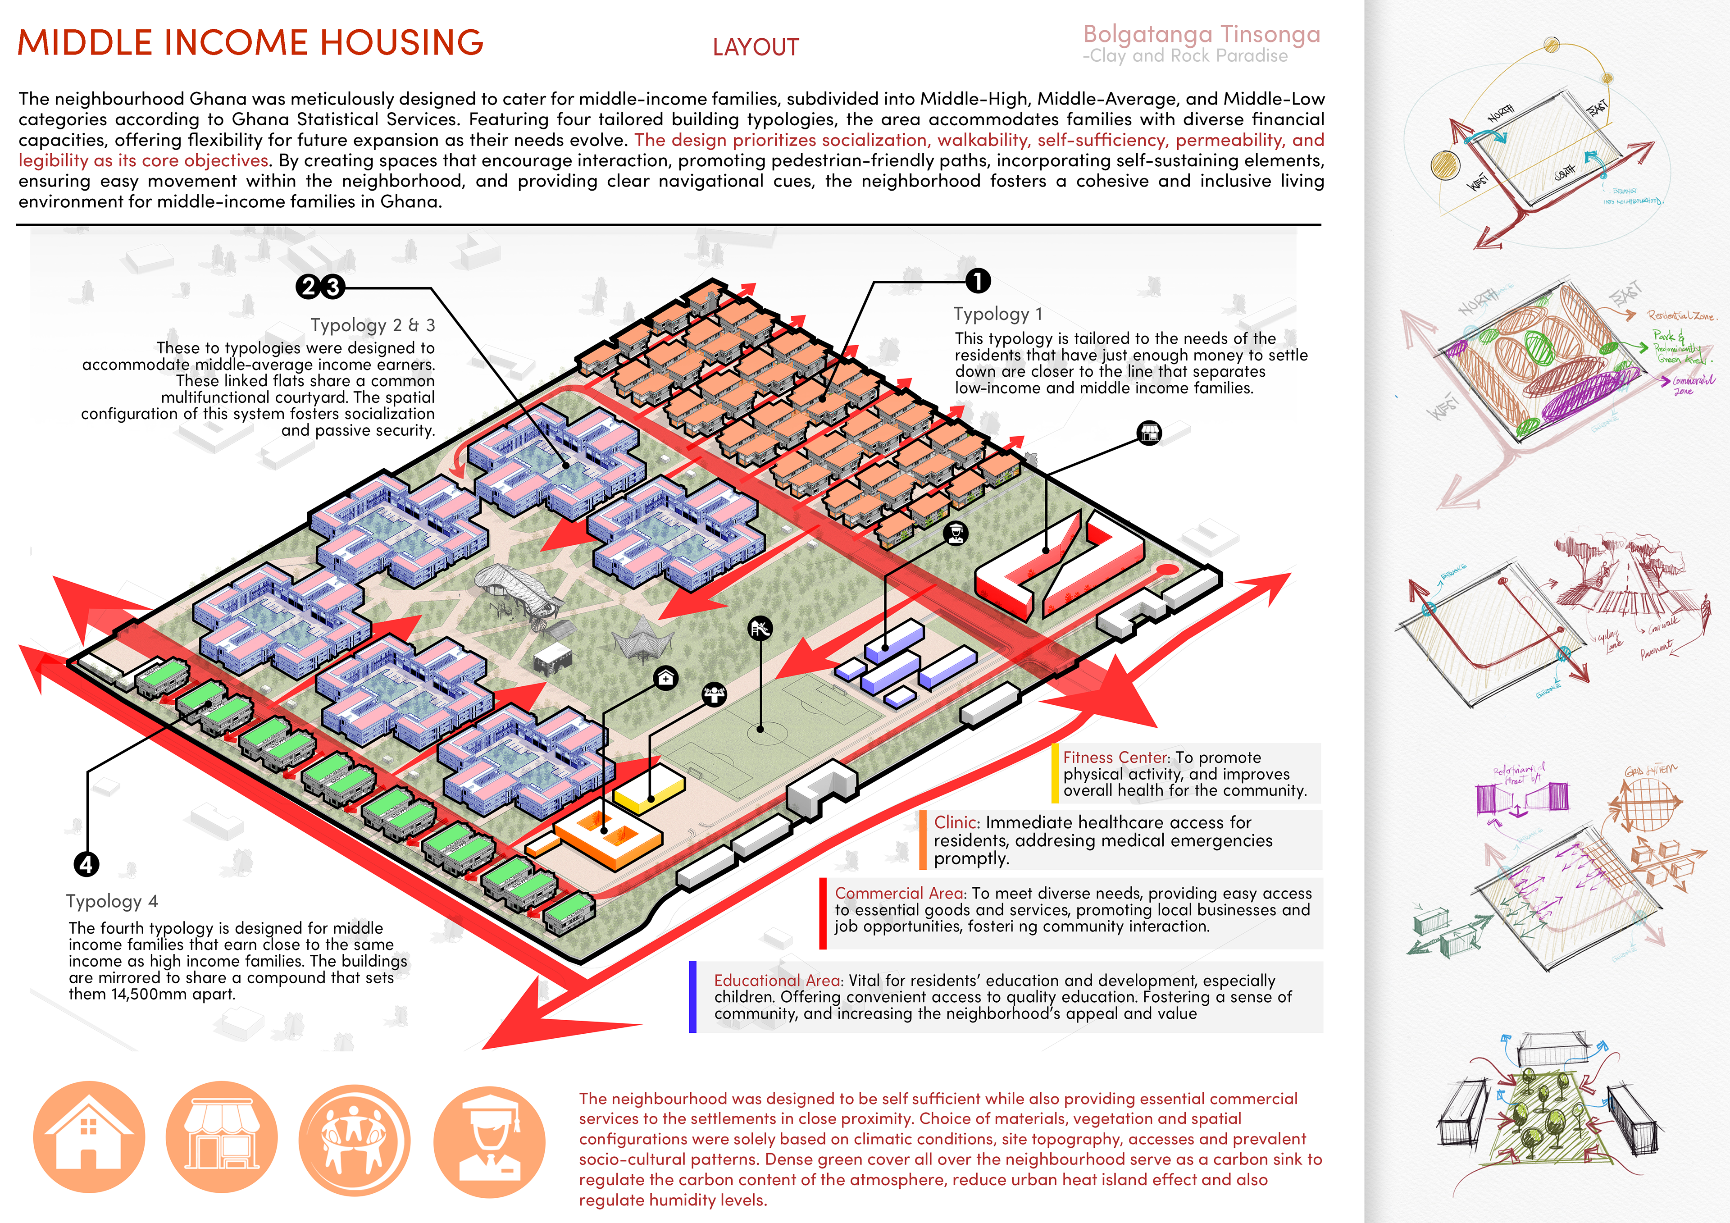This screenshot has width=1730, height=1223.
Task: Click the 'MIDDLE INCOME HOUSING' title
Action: click(250, 43)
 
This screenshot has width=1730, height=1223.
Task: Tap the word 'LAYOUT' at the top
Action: click(755, 47)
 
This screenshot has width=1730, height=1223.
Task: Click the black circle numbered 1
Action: click(977, 281)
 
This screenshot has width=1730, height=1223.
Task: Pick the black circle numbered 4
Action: click(86, 863)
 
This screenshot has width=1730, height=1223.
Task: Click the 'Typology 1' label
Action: click(997, 314)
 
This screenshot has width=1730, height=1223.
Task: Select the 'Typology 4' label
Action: click(112, 901)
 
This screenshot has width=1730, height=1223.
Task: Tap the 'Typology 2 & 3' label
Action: click(372, 325)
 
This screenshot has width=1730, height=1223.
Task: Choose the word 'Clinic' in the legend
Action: click(956, 822)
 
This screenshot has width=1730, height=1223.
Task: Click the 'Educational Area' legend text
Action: click(777, 981)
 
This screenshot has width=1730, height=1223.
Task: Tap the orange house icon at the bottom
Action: click(89, 1137)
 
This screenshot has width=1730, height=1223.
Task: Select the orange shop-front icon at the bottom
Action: click(222, 1137)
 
